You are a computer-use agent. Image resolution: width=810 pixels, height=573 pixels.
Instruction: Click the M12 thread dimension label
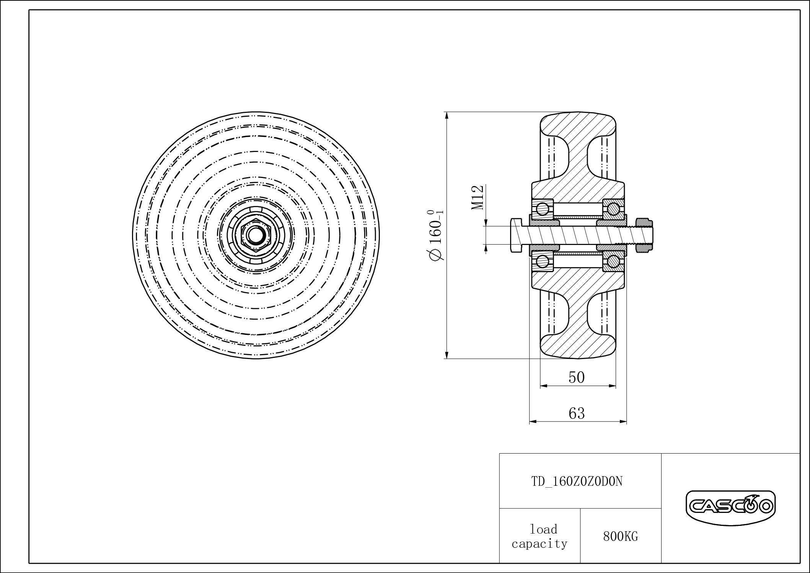478,198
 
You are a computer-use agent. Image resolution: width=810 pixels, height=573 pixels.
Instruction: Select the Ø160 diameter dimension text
436,235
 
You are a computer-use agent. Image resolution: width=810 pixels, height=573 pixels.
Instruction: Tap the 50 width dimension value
577,377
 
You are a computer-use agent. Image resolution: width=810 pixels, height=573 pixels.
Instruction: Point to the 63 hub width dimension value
577,413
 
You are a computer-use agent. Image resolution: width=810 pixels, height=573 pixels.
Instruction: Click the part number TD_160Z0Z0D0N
577,481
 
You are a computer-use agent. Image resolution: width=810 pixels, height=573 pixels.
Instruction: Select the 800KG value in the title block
621,537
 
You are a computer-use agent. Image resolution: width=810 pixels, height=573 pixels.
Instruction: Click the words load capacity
539,536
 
